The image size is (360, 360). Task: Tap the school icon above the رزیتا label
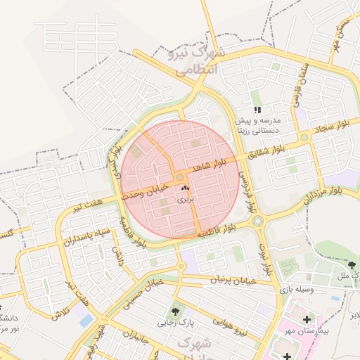pyautogui.click(x=257, y=110)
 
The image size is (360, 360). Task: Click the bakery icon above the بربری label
pyautogui.click(x=185, y=188)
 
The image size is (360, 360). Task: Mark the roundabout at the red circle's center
pyautogui.click(x=180, y=177)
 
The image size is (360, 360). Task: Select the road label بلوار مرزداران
pyautogui.click(x=326, y=189)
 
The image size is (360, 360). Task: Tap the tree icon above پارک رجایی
pyautogui.click(x=174, y=310)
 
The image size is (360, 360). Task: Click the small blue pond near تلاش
pyautogui.click(x=86, y=320)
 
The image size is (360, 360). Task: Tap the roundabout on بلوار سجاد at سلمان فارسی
pyautogui.click(x=304, y=137)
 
